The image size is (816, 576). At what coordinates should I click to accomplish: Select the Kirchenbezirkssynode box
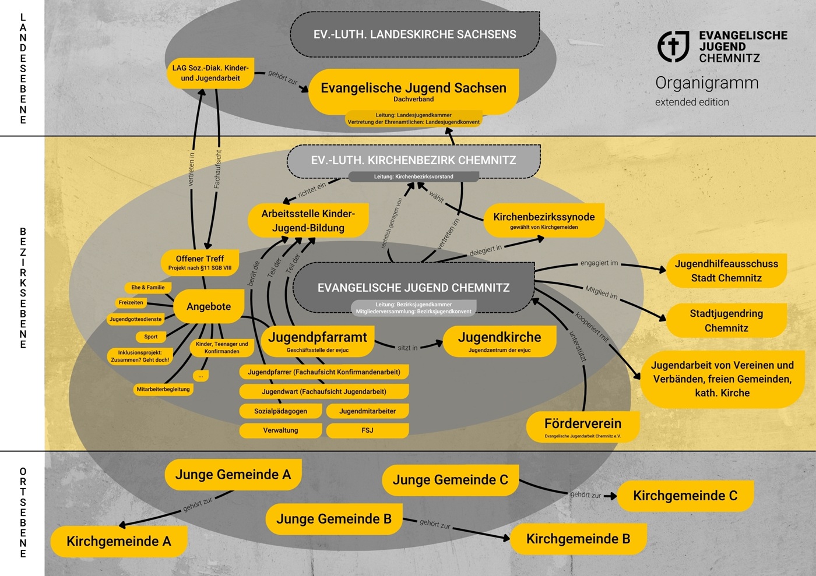544,220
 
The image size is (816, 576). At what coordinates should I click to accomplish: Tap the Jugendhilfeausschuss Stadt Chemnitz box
726,271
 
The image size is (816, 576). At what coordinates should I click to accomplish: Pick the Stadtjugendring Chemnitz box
726,320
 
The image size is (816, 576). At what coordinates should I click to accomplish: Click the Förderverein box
583,427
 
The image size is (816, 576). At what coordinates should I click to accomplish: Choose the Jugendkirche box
500,341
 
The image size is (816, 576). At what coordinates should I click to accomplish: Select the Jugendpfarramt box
318,341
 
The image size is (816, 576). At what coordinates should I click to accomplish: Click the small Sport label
151,337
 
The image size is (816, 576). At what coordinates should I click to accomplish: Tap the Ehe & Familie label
148,287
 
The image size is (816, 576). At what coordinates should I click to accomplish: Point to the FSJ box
367,430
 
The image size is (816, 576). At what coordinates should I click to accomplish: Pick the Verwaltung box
280,430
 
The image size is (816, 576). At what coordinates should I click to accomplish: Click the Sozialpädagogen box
280,411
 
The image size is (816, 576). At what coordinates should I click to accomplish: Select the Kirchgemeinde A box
119,541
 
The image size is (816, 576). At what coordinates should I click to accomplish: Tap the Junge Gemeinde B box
334,519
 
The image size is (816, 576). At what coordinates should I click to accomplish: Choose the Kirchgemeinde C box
685,496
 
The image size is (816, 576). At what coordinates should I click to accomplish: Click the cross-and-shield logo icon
673,46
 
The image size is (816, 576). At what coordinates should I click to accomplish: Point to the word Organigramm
707,83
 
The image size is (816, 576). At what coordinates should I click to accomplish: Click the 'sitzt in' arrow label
407,348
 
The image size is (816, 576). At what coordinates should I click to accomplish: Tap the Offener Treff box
200,262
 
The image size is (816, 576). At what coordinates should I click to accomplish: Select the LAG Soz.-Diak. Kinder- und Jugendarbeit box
210,73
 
